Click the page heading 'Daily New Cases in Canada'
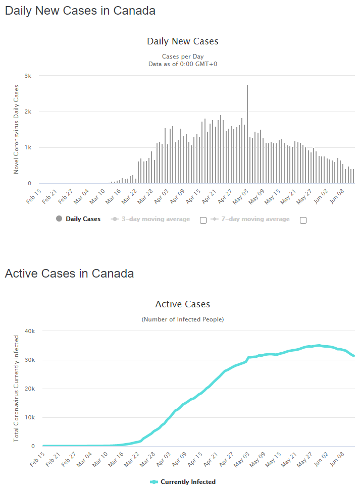[x=80, y=11]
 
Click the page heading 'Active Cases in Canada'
[x=69, y=274]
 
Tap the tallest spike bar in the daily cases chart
[x=247, y=131]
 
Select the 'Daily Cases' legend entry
[x=78, y=219]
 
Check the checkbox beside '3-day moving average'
[x=203, y=220]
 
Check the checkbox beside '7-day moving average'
[x=303, y=220]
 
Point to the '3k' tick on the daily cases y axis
[x=28, y=76]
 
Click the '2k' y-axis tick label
[x=28, y=112]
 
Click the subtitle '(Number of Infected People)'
[x=182, y=319]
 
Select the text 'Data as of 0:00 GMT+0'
[x=182, y=64]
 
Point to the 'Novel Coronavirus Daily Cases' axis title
[x=16, y=129]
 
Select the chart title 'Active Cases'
[x=182, y=304]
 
